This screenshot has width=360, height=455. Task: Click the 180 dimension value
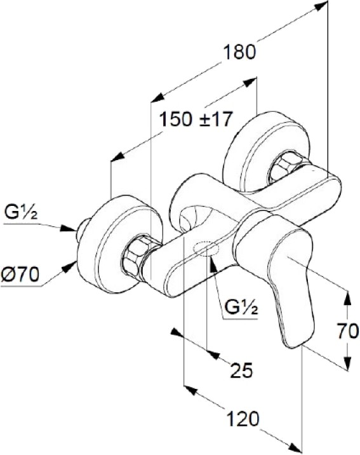tap(239, 52)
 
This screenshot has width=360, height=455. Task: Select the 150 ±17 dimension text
tap(196, 119)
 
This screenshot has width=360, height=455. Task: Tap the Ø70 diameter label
tap(20, 275)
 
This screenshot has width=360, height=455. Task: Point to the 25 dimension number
tap(241, 370)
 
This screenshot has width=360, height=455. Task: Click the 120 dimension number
tap(243, 419)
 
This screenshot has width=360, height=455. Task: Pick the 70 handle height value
tap(348, 331)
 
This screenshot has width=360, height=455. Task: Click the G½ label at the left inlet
tap(21, 213)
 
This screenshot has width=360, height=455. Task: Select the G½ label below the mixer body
tap(241, 308)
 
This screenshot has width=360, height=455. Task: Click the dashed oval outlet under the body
tap(206, 249)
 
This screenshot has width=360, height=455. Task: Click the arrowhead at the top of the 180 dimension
tap(322, 6)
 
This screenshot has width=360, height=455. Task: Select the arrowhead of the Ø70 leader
tap(70, 266)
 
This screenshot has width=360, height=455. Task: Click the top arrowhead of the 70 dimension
tap(347, 297)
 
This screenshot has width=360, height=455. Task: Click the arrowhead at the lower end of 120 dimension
tap(295, 448)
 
